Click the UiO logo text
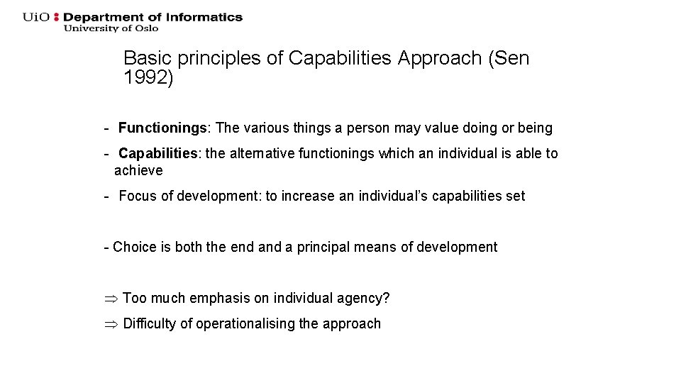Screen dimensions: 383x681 point(36,17)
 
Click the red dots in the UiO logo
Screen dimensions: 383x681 point(57,17)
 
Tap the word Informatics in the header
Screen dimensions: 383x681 point(209,17)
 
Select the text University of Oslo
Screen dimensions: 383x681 point(111,28)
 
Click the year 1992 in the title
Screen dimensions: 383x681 point(145,78)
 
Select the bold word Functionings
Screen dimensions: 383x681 point(162,128)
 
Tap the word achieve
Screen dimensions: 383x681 point(138,171)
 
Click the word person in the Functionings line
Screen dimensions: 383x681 point(360,128)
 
